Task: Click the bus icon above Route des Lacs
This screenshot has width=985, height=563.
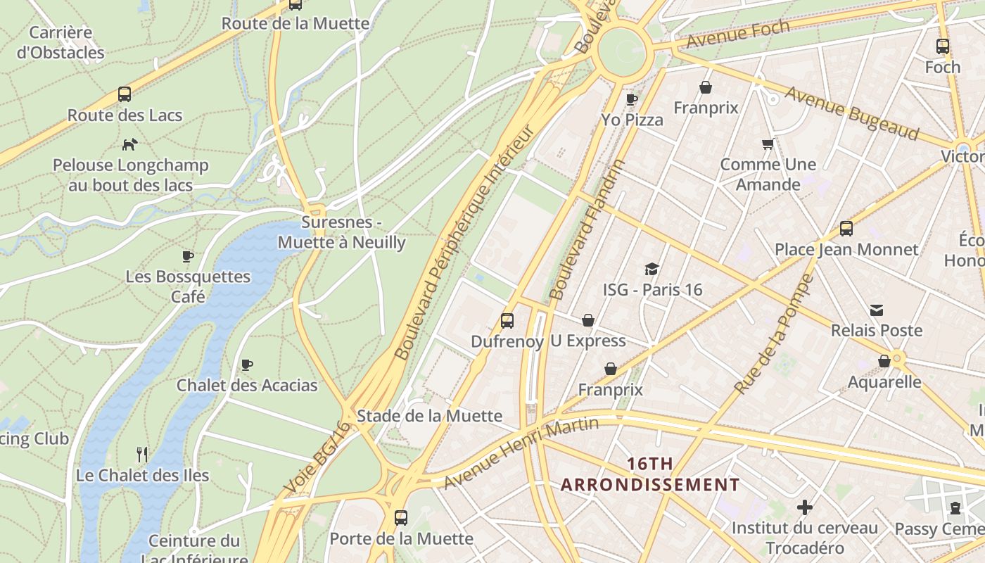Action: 125,94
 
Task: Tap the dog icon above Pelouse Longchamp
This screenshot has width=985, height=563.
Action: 130,144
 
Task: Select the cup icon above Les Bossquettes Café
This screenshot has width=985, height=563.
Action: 188,256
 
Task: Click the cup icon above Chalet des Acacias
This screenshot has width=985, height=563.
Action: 247,365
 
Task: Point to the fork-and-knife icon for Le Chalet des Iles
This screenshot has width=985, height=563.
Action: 142,454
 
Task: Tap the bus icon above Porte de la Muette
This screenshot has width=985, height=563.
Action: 401,518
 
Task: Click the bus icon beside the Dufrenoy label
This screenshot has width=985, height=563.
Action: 507,321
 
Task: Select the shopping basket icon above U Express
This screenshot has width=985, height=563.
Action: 588,320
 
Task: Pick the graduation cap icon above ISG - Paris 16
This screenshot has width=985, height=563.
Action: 652,269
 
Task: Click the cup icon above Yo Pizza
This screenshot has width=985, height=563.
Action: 632,99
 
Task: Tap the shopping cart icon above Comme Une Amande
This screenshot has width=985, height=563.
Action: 768,144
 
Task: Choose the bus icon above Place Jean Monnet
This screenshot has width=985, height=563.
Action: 846,229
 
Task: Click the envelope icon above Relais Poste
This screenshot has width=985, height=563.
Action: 877,310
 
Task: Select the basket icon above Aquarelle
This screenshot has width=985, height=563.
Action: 884,361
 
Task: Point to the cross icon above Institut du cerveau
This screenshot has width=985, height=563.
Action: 805,507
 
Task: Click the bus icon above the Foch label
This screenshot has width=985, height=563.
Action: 943,47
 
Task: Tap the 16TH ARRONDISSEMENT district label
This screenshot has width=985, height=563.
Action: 650,474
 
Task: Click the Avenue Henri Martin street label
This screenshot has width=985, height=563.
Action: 521,453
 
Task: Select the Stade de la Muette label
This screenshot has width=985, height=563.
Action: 429,416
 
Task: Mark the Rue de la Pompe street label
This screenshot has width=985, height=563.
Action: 773,334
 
